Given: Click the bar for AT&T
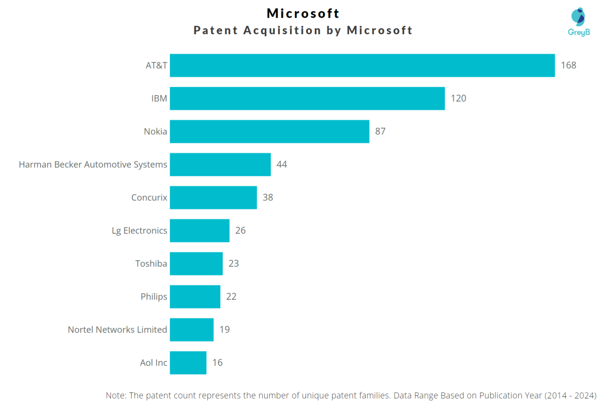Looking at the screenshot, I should pos(362,65).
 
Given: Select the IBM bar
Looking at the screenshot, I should pos(307,98).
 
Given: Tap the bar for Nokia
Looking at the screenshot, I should pos(269,131).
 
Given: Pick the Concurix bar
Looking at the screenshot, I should pos(213,198).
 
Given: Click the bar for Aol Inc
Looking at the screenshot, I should pos(188,363).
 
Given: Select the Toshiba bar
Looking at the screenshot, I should pos(196,263).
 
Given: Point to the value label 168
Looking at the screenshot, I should pos(568,65).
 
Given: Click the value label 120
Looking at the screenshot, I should pos(458,98).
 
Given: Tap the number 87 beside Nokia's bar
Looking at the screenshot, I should pos(380,131).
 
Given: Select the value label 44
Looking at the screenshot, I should pos(282,164).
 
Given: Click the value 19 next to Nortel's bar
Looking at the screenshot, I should pos(225,330).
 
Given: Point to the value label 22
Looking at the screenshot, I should pos(231,297).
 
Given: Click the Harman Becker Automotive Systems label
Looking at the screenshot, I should pos(93,165).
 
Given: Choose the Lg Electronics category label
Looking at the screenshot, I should pos(139,231).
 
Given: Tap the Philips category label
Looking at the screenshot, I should pos(154,297).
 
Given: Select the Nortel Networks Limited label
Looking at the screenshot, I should pos(117,330).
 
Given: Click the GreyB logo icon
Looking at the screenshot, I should pos(578,17).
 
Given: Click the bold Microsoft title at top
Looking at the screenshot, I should pos(303,13).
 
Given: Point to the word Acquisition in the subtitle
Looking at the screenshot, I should pos(282,31).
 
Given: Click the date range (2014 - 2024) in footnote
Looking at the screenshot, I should pos(570,396).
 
